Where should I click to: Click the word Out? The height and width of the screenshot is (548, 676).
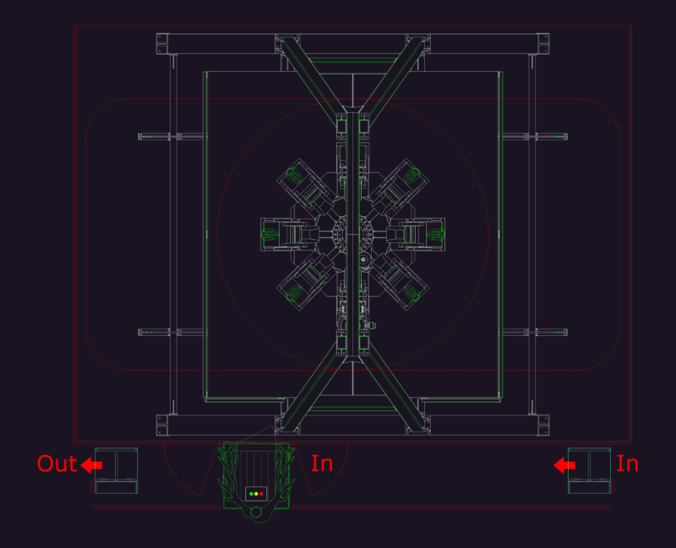[x=57, y=464]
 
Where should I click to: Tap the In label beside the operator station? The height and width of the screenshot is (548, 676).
[x=322, y=464]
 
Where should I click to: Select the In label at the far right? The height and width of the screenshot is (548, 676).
[x=627, y=464]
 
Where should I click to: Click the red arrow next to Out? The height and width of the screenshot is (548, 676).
[x=91, y=465]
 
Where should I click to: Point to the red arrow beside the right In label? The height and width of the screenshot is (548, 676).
[x=564, y=465]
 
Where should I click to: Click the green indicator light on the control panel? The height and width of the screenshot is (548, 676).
[x=251, y=494]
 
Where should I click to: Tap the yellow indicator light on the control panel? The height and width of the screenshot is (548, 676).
[x=256, y=494]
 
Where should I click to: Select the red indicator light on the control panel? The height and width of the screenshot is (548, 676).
[x=261, y=494]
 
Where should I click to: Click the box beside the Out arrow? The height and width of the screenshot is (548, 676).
[x=116, y=470]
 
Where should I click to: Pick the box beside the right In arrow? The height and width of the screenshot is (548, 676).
[x=589, y=470]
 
